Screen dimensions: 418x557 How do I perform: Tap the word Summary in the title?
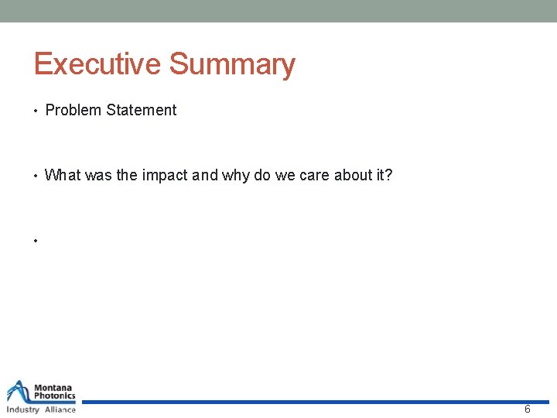232,64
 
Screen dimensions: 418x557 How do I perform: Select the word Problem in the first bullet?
73,110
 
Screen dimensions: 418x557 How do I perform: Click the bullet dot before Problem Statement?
36,111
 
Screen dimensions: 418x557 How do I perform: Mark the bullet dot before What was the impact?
36,176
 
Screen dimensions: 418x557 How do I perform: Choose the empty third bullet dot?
36,241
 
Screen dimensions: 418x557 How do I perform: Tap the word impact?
164,175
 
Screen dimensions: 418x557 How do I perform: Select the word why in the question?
236,175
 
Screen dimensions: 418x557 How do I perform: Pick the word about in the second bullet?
356,175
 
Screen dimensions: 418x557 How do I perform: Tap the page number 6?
528,409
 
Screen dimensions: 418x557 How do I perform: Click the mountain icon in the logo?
19,392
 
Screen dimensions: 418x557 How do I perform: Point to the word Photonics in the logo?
55,396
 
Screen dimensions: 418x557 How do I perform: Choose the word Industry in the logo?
23,409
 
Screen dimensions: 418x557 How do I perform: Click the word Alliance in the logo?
60,409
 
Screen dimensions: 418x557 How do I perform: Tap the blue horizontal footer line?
309,402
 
